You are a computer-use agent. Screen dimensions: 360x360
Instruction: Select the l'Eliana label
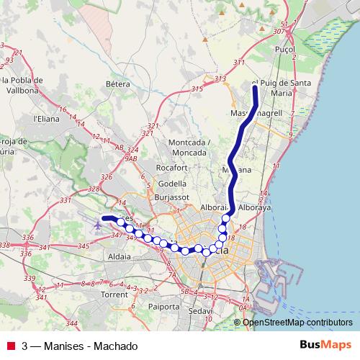point(45,118)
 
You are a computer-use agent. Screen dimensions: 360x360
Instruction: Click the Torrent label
point(114,295)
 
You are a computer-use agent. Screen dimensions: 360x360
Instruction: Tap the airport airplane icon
point(97,225)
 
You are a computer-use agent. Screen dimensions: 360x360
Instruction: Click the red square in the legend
point(10,346)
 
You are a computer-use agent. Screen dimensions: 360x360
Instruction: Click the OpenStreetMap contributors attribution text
point(297,323)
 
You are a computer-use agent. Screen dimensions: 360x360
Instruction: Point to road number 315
point(197,89)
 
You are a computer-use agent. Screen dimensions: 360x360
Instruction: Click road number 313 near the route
point(220,78)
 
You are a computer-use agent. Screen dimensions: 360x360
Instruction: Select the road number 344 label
point(71,323)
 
